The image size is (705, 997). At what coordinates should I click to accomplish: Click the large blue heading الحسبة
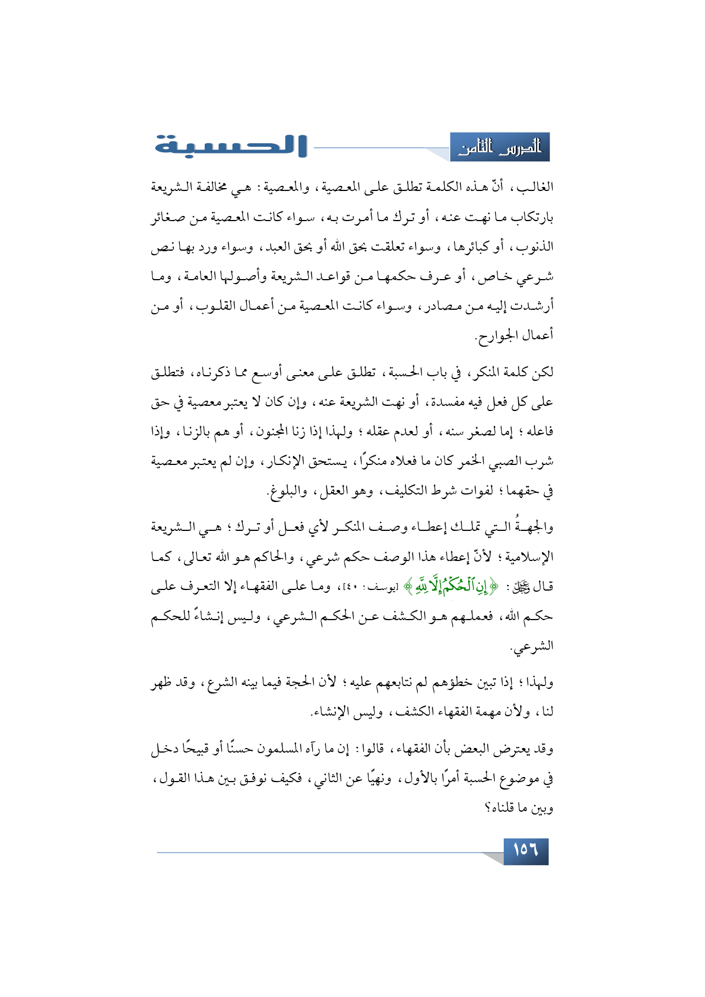[230, 146]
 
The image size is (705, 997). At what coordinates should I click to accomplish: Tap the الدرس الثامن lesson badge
[500, 148]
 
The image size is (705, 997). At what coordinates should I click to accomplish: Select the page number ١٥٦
[525, 850]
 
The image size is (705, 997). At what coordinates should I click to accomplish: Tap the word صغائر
[169, 217]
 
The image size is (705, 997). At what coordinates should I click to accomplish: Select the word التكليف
[404, 491]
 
